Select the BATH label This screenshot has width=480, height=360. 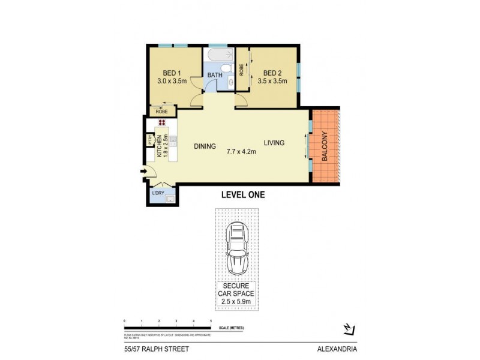(x=214, y=76)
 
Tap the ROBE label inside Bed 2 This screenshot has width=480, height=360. (x=241, y=69)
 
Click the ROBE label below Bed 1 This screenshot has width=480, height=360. (x=161, y=112)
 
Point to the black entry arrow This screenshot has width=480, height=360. (x=144, y=173)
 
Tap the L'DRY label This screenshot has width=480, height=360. (x=158, y=193)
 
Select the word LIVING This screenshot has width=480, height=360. (x=274, y=143)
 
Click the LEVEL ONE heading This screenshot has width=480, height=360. (x=243, y=195)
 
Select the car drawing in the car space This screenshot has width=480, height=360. (x=238, y=248)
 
